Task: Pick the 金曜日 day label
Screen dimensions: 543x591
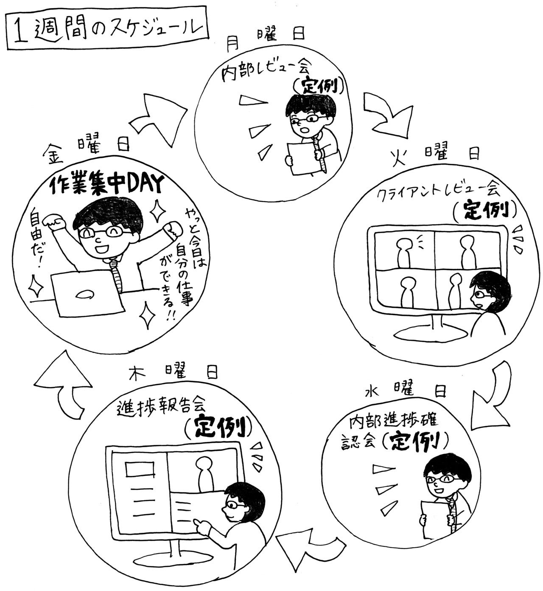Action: tap(86, 148)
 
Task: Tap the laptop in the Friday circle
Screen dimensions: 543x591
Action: tap(87, 294)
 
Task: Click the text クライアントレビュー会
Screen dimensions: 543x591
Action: tap(437, 193)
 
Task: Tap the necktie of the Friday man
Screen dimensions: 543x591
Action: tap(117, 274)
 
